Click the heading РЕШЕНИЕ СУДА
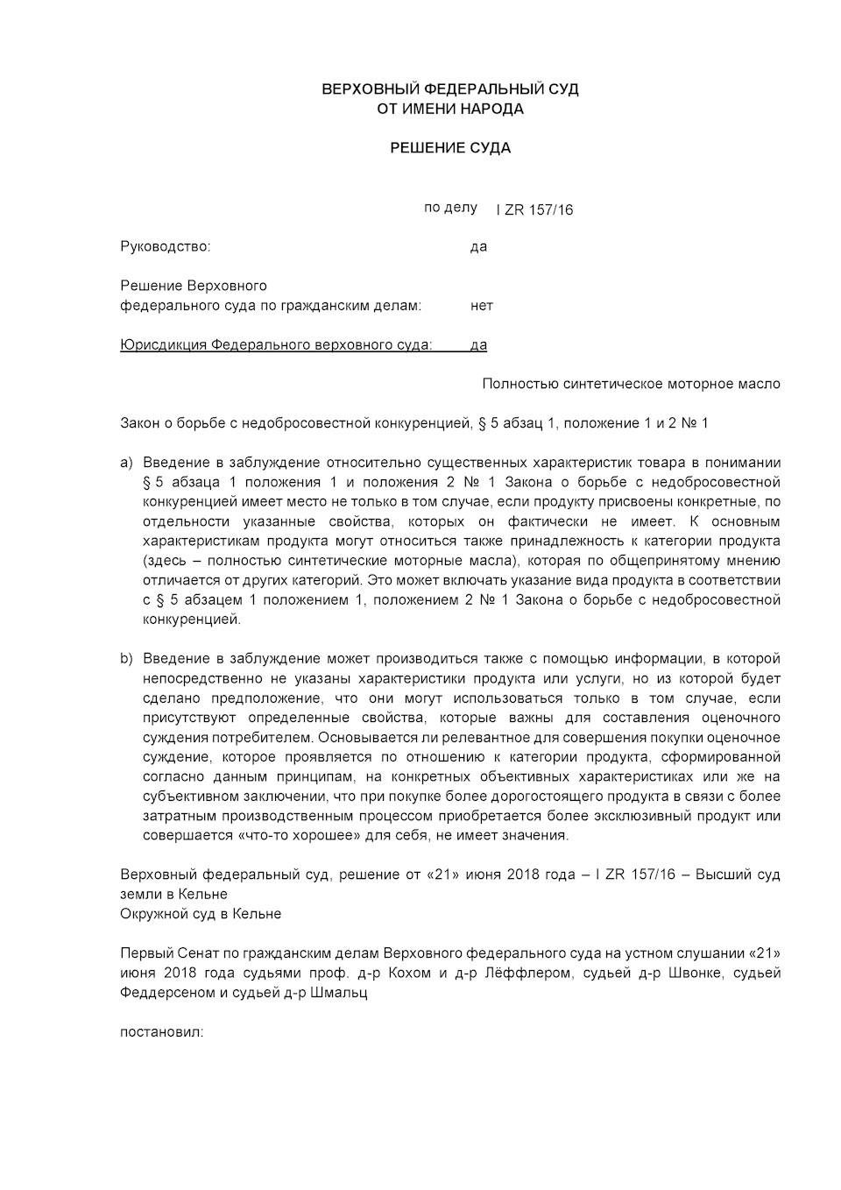[449, 148]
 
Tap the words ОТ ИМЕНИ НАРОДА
[449, 109]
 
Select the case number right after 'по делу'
[534, 209]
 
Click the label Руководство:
[166, 246]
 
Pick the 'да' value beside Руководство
[478, 246]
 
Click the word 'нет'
[481, 306]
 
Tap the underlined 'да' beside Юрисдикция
[478, 344]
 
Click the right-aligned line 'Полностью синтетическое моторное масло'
[631, 384]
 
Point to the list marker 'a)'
[127, 463]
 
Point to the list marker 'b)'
[127, 659]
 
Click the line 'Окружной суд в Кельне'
[201, 914]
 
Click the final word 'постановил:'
[161, 1032]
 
